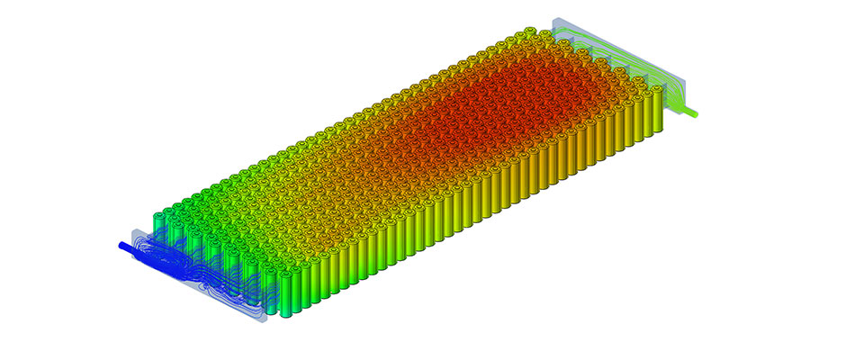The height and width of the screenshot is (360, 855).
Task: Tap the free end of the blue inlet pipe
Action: click(121, 244)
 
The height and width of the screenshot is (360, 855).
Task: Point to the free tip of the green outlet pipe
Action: click(697, 114)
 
